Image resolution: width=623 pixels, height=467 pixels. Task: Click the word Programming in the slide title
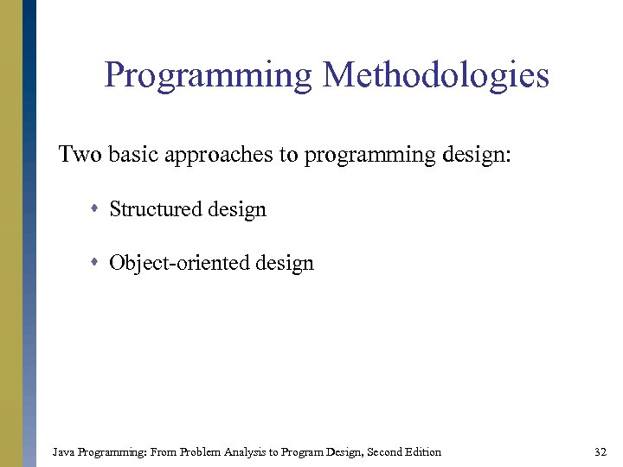pos(208,76)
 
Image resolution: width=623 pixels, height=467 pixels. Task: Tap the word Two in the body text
pos(80,155)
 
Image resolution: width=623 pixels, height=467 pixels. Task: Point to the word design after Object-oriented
pos(284,264)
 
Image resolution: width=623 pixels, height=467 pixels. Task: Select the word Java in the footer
pos(63,451)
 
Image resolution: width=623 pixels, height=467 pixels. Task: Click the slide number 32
pos(601,451)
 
